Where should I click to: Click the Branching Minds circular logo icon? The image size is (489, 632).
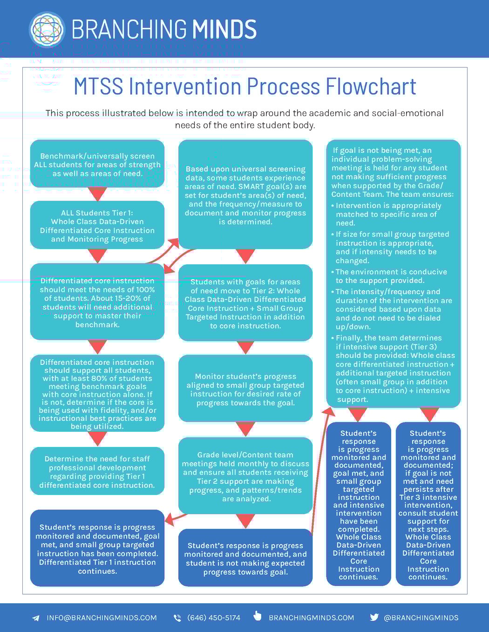47,29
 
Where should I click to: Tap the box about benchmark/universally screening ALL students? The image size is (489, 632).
97,164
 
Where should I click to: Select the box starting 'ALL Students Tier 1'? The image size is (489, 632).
97,226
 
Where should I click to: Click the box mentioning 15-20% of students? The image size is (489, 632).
97,302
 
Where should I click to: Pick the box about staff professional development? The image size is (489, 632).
97,471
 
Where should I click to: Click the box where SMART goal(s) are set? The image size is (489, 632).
245,195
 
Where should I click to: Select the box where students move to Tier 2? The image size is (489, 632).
245,303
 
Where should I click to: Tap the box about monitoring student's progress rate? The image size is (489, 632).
245,389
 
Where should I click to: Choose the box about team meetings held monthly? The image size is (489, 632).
245,476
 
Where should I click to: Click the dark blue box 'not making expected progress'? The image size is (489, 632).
245,558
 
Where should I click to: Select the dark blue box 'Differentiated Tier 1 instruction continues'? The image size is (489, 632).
97,548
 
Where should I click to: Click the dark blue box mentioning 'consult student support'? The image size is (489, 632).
428,504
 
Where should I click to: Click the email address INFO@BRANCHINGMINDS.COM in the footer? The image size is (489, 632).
102,618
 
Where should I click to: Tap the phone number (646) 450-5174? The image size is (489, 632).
213,618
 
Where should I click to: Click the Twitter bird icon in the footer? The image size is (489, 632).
374,617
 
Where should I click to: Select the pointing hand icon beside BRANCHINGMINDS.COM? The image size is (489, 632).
258,616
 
